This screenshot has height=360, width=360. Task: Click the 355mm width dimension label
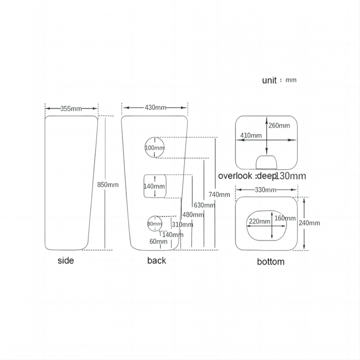(x=71, y=108)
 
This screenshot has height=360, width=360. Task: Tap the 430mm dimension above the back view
(x=155, y=108)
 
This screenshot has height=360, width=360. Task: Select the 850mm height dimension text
(x=108, y=184)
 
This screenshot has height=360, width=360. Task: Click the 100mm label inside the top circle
(x=155, y=148)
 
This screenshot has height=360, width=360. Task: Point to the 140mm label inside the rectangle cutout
(x=154, y=186)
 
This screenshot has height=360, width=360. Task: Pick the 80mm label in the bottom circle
(x=154, y=224)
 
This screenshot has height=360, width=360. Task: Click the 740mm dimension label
(x=219, y=195)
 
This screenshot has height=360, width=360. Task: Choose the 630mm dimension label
(x=204, y=205)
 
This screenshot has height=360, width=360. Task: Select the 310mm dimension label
(x=182, y=225)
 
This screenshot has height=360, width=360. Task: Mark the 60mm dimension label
(x=158, y=242)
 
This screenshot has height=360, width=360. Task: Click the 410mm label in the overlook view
(x=251, y=135)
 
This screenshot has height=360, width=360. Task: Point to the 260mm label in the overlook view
(x=279, y=126)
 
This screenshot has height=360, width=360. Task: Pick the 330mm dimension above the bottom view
(x=265, y=190)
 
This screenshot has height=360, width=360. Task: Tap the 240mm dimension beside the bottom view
(x=309, y=223)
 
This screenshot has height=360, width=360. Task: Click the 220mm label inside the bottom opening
(x=260, y=221)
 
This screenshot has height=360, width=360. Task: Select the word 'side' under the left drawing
(x=66, y=261)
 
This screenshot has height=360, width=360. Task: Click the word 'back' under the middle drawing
(x=157, y=261)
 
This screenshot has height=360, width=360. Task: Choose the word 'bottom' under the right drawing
(x=270, y=261)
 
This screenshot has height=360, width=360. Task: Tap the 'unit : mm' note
(x=279, y=80)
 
